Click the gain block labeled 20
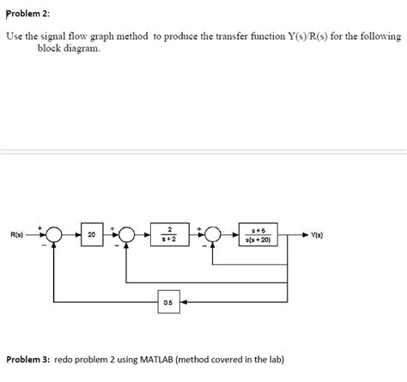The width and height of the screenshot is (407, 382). click(x=91, y=233)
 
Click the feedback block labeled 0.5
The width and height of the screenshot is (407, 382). click(x=167, y=302)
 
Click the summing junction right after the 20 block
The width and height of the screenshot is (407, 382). click(x=127, y=233)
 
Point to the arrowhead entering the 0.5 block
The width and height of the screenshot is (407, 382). click(x=182, y=302)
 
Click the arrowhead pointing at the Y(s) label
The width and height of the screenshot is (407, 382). click(x=305, y=233)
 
